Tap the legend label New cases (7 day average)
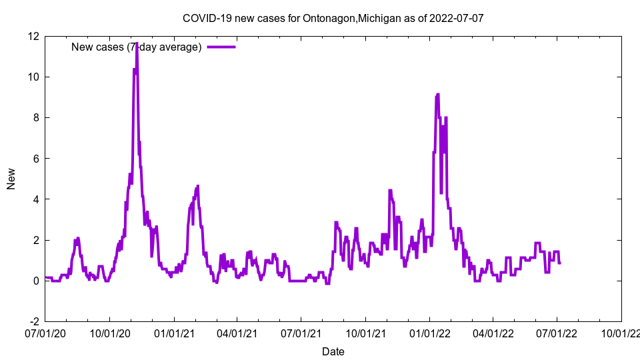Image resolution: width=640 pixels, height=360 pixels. point(136,47)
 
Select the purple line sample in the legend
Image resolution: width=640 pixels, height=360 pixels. point(221,47)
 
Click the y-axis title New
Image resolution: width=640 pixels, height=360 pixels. point(11,179)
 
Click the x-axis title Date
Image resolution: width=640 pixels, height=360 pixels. point(333,351)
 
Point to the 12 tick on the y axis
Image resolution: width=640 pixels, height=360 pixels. point(33,36)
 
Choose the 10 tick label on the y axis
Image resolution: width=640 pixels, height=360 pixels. point(33,77)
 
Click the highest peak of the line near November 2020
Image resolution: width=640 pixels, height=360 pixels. point(137,43)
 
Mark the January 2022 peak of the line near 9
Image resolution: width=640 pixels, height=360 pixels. point(437,95)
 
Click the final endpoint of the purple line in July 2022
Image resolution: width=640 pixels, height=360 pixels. point(560,263)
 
